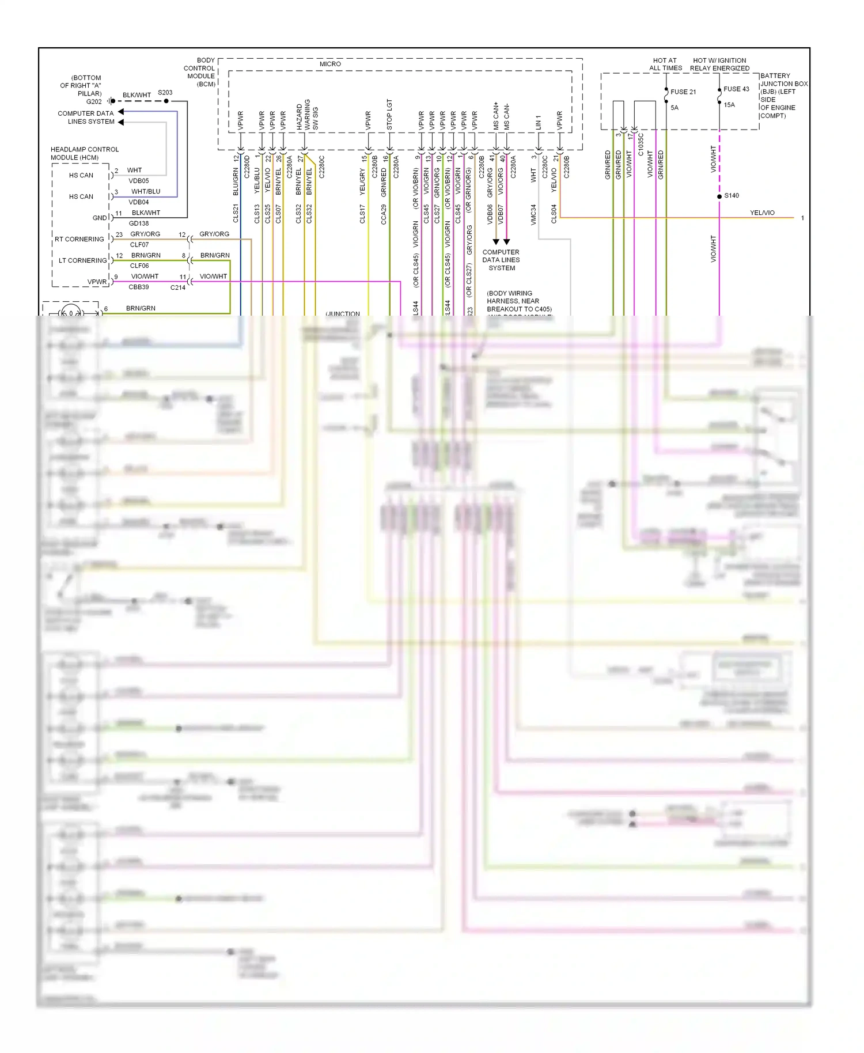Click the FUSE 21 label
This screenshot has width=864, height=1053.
tap(683, 92)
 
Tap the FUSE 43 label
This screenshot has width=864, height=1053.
tap(736, 89)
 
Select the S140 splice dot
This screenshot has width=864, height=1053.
tap(719, 196)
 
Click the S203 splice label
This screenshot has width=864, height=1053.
tap(165, 93)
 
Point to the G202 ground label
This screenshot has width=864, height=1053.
tap(94, 102)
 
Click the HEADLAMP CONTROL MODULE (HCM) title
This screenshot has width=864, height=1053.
tap(85, 153)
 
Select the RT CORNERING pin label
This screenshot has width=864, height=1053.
tap(79, 239)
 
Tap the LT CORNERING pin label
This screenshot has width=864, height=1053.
tap(83, 260)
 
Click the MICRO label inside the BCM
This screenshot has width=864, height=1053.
tap(330, 64)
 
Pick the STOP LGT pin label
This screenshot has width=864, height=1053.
tap(389, 114)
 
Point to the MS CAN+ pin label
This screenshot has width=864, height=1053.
tap(496, 116)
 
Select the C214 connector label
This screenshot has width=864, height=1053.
tap(178, 287)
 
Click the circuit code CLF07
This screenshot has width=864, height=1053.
tap(139, 245)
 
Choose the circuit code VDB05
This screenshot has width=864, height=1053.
tap(139, 181)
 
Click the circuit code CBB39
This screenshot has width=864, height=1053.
tap(139, 287)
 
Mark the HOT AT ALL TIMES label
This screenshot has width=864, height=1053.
tap(665, 64)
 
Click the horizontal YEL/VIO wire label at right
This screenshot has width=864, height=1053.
tap(762, 213)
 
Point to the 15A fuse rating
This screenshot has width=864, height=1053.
tap(729, 105)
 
